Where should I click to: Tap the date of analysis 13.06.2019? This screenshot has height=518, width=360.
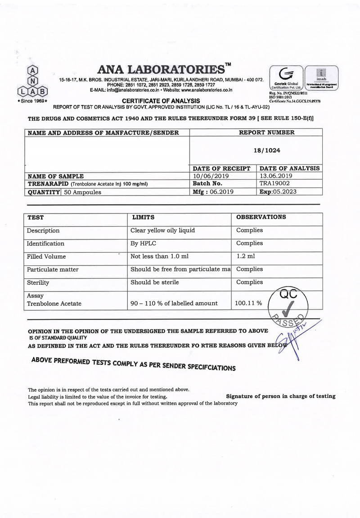coord(276,176)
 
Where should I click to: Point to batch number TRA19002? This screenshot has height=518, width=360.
coord(274,184)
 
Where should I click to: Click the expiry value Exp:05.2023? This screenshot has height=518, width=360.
coord(279,191)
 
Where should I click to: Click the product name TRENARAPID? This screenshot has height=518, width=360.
coord(49,184)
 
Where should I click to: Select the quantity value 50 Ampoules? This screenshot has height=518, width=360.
coord(83,192)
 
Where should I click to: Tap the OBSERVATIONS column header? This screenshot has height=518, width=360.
coord(261,217)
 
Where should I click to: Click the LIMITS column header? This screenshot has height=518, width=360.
coord(144,217)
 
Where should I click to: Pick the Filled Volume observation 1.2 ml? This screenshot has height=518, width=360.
coord(245,256)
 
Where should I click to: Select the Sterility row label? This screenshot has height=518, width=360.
coord(38,283)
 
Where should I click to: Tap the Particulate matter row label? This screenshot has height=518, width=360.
coord(52,269)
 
